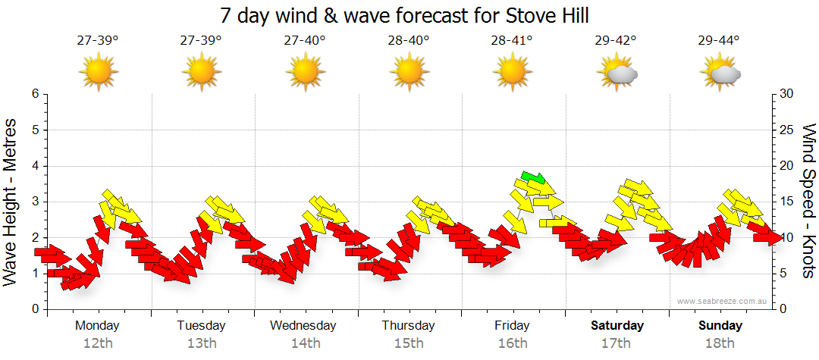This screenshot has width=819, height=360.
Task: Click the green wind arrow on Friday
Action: pyautogui.click(x=534, y=177)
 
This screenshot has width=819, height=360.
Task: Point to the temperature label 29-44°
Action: pyautogui.click(x=719, y=41)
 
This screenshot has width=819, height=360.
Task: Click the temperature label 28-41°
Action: pyautogui.click(x=512, y=41)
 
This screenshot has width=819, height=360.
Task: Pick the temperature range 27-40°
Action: pyautogui.click(x=305, y=41)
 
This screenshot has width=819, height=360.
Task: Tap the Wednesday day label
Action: pyautogui.click(x=303, y=326)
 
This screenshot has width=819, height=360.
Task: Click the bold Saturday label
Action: pyautogui.click(x=617, y=326)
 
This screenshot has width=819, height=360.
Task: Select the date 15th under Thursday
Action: pyautogui.click(x=409, y=343)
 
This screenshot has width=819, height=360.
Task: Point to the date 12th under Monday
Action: pyautogui.click(x=98, y=343)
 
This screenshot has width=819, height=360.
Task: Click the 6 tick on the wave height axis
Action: pyautogui.click(x=35, y=94)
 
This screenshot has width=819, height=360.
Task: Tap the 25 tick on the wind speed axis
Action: pyautogui.click(x=787, y=130)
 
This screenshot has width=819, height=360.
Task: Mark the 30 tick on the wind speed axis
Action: pyautogui.click(x=787, y=94)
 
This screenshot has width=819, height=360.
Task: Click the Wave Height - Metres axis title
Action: pyautogui.click(x=11, y=202)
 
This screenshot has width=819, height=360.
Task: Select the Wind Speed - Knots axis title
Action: pyautogui.click(x=808, y=202)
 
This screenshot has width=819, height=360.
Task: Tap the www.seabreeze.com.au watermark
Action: pyautogui.click(x=723, y=301)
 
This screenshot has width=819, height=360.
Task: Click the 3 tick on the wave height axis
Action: pyautogui.click(x=35, y=202)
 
